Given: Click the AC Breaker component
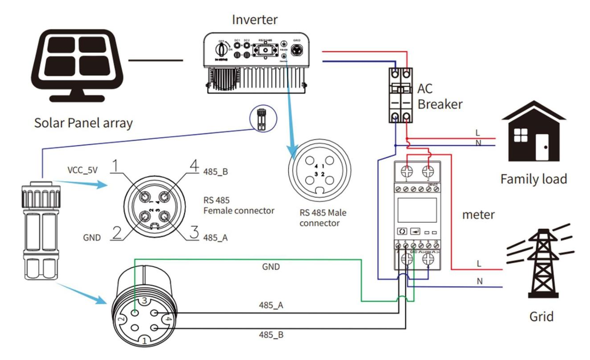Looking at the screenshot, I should click(x=402, y=94).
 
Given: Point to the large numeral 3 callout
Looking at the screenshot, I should click(x=194, y=233).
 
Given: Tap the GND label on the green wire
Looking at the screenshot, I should click(x=271, y=267).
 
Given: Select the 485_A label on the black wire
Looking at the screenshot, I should click(x=271, y=306).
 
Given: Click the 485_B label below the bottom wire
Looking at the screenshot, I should click(x=271, y=334).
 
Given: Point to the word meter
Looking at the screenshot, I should click(x=478, y=214).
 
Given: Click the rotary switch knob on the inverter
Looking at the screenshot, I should click(x=221, y=48).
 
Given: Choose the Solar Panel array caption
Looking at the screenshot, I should click(x=83, y=123).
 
